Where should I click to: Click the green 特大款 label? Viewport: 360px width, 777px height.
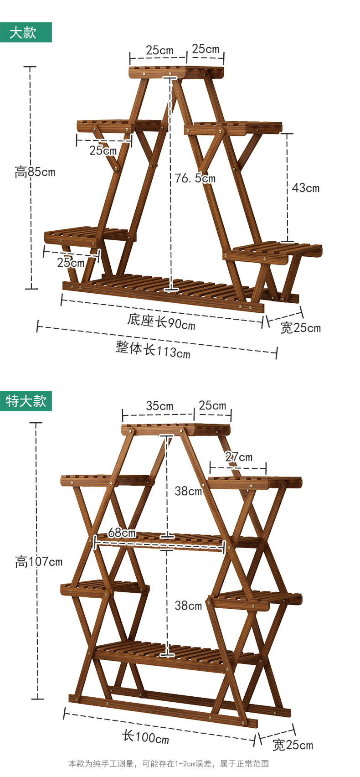coord(26,401)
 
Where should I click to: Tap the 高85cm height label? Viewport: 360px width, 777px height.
coord(35,172)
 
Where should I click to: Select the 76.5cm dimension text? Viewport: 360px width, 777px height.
coord(195,178)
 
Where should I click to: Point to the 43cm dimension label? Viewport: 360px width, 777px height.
coord(306,187)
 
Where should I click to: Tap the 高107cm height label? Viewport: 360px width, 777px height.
coord(39,562)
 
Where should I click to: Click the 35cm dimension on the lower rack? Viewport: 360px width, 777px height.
coord(159,405)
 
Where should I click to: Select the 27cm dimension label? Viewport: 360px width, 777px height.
coord(239,456)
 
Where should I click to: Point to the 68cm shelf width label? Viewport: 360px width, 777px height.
coord(122,532)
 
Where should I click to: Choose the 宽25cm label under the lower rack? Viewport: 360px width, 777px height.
coord(293,745)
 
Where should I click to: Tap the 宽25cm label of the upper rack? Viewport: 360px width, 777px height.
coord(300,327)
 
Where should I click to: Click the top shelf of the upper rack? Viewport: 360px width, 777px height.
coord(177,72)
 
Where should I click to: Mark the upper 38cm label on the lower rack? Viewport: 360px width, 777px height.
coord(188,491)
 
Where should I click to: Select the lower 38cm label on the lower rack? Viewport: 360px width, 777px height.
coord(188,605)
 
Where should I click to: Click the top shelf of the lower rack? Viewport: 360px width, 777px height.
coord(176,429)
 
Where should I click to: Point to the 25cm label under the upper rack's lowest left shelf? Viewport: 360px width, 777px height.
coord(71,262)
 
